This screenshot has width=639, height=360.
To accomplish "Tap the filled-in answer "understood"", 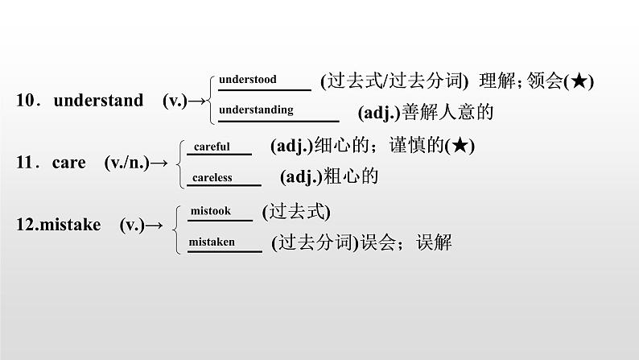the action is (247, 80).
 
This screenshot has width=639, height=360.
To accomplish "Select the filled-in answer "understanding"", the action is (256, 110).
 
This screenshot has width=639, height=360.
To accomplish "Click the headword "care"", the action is (68, 163).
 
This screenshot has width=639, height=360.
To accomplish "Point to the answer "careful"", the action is (212, 147).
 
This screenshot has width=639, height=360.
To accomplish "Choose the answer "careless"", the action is (212, 177).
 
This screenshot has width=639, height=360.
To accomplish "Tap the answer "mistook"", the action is (210, 211).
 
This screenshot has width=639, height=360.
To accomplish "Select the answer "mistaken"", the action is (212, 242).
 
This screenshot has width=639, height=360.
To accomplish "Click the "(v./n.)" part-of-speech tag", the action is (126, 163).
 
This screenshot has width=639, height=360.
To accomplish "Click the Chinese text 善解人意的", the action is (451, 113).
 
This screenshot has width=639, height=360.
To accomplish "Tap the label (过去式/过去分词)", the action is (394, 81).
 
